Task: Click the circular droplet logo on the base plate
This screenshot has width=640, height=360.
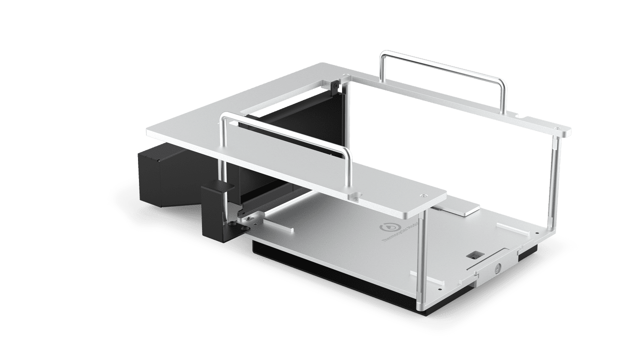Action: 387,226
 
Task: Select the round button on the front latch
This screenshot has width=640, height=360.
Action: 498,268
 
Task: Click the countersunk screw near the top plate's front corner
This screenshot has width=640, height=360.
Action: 424,195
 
